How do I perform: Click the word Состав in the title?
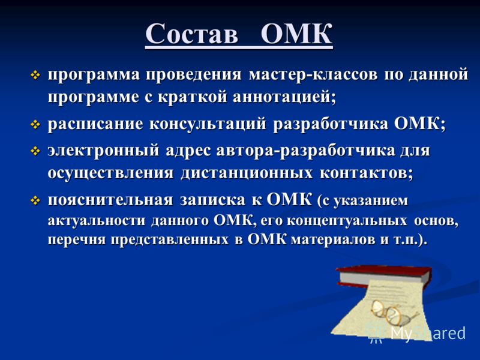coord(191,33)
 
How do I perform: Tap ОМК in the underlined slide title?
coord(296,33)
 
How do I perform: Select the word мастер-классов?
coord(313,74)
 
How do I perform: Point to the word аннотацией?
coord(284,97)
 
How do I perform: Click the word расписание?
coord(95,124)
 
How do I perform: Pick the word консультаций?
coord(208,124)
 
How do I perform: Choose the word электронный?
coord(103,150)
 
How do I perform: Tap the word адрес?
coord(188,151)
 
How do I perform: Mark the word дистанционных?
coord(247,173)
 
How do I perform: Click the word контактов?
coord(366,173)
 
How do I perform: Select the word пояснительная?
coord(110,200)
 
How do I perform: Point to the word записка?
coord(213,200)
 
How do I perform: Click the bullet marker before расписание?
coord(35,125)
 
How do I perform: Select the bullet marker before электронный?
coord(35,151)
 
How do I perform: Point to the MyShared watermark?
coord(417,334)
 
